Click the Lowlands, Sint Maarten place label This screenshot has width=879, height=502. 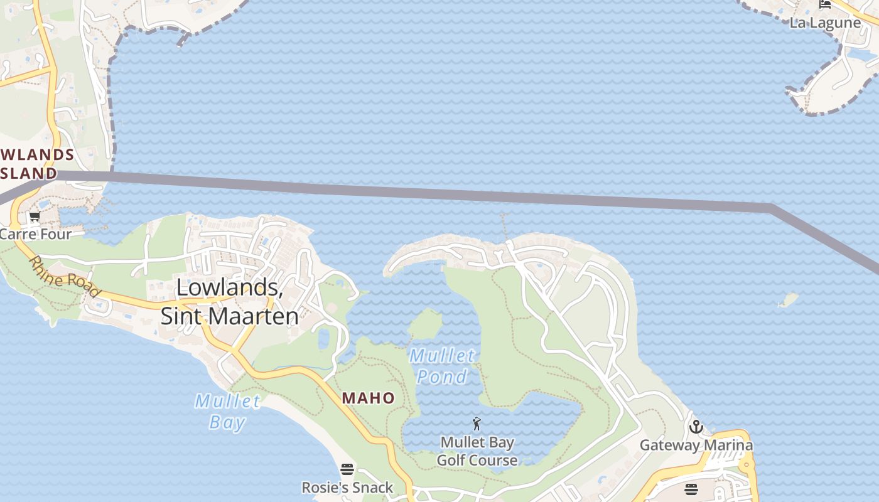click(229, 301)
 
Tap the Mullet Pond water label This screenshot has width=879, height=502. click(442, 366)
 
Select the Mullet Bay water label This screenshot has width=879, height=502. click(227, 411)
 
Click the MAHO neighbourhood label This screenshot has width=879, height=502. click(369, 398)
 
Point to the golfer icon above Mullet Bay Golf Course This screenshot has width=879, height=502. click(477, 424)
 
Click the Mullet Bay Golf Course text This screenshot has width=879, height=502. click(477, 451)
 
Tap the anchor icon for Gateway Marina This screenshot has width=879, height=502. click(696, 427)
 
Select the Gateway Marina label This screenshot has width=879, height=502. click(696, 446)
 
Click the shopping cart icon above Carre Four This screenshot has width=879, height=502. click(35, 217)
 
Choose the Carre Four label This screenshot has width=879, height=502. click(35, 234)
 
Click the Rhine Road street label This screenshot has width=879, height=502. click(64, 277)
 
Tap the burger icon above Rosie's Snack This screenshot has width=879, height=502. click(347, 469)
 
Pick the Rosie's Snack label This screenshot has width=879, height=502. click(347, 488)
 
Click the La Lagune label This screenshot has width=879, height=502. click(825, 23)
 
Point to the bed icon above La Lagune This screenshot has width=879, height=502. click(825, 5)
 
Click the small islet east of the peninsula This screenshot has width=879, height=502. click(789, 300)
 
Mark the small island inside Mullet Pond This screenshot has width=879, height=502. click(426, 324)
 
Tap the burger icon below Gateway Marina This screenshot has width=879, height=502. click(691, 489)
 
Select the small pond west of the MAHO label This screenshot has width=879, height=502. click(324, 339)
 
